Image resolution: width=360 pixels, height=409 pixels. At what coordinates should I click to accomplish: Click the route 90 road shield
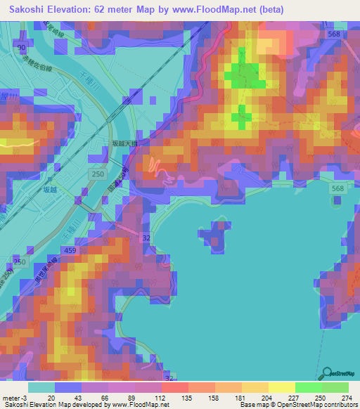click(x=22, y=47)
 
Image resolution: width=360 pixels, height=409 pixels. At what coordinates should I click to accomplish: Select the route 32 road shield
click(x=146, y=239)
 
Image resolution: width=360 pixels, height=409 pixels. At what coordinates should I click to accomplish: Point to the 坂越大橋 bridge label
click(x=125, y=143)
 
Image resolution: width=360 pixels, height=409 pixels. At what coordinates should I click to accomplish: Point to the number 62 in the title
click(x=124, y=9)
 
